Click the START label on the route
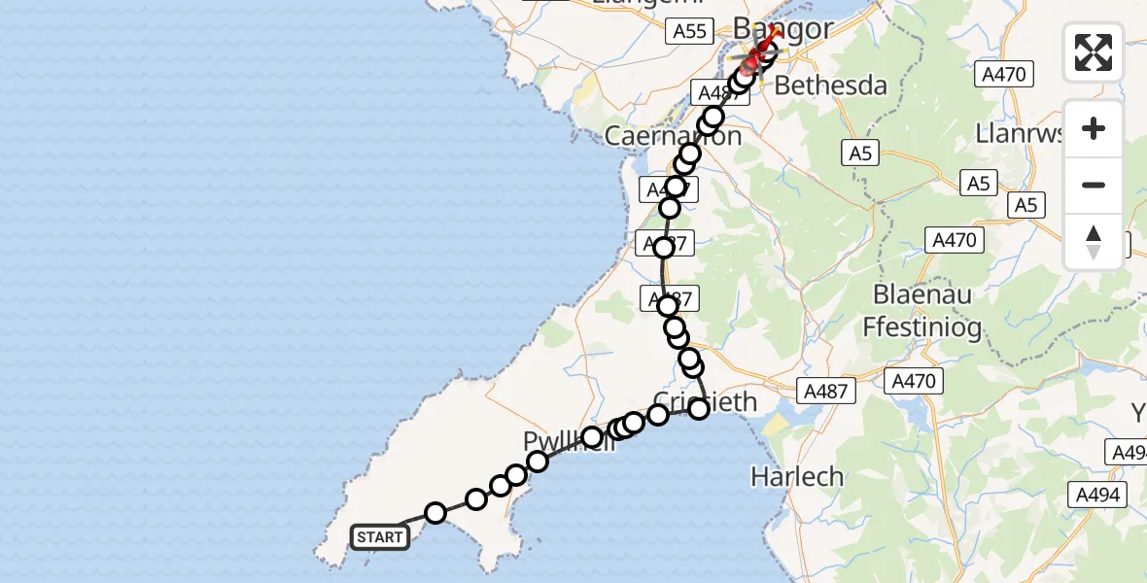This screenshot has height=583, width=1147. pos(379,536)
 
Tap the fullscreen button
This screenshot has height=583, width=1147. pos(1094,52)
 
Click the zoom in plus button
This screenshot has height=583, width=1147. pos(1094,128)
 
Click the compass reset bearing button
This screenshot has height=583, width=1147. pos(1094,241)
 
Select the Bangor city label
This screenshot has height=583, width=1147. pos(783,29)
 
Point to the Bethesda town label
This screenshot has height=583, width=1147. pos(831,86)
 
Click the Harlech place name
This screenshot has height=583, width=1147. pos(798,477)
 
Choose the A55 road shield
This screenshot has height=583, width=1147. pos(690,31)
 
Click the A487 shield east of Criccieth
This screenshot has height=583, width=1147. pos(826,392)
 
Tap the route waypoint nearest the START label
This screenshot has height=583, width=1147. pos(435,512)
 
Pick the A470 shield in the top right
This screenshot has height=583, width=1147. pos(1006,74)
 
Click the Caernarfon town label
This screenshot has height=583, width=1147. pos(673,135)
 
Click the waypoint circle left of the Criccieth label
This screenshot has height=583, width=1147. pos(658,415)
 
